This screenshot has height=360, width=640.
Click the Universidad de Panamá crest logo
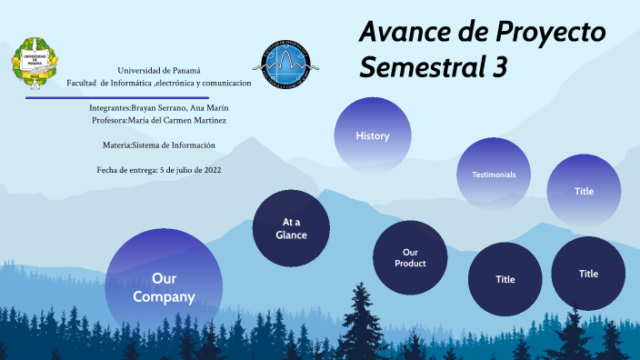pyautogui.click(x=35, y=65)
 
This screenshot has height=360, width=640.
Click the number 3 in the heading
pyautogui.click(x=499, y=66)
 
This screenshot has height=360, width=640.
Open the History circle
pyautogui.click(x=373, y=136)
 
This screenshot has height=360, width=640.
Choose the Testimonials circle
pyautogui.click(x=494, y=174)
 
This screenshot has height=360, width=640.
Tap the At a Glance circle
pyautogui.click(x=291, y=228)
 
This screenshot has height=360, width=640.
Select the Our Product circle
pyautogui.click(x=410, y=257)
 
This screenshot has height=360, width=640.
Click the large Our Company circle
pyautogui.click(x=164, y=286)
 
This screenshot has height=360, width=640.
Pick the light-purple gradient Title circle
pyautogui.click(x=584, y=191)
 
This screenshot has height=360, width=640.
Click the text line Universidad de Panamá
pyautogui.click(x=159, y=71)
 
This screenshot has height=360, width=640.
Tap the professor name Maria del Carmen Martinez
pyautogui.click(x=177, y=120)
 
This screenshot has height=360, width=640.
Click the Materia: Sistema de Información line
pyautogui.click(x=159, y=145)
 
